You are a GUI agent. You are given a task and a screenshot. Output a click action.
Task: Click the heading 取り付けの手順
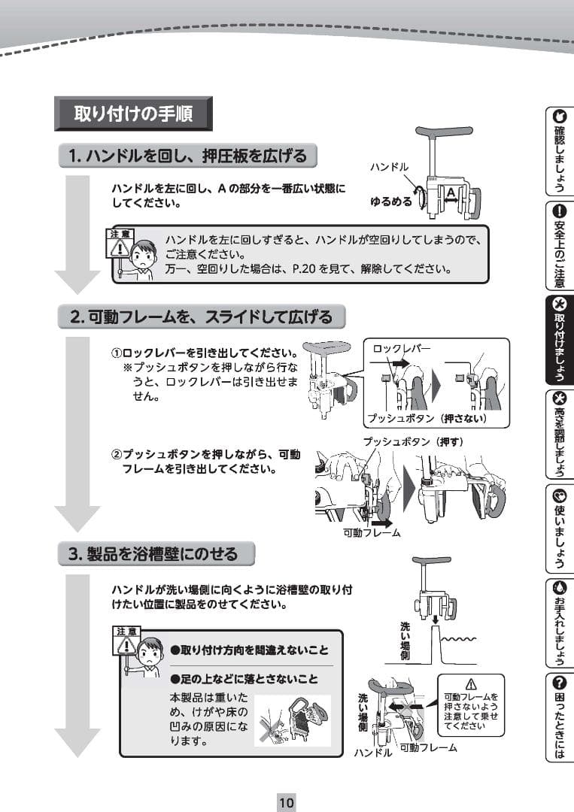click(x=133, y=114)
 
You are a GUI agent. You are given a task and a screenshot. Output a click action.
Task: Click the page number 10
click(x=287, y=801)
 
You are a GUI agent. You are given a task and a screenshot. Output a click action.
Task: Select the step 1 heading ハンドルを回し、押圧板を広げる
click(x=187, y=156)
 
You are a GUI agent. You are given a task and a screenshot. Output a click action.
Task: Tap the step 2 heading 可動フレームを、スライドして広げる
click(x=201, y=317)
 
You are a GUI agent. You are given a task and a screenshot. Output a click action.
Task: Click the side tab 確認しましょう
click(x=559, y=151)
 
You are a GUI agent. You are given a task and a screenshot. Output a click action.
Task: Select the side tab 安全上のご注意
click(x=559, y=246)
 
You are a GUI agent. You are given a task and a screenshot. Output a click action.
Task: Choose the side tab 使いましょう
click(x=559, y=528)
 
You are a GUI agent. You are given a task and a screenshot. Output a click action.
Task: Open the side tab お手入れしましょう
click(x=559, y=623)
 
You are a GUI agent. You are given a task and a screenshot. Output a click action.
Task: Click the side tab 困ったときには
click(x=559, y=717)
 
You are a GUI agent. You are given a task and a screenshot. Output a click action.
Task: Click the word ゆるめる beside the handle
click(x=390, y=201)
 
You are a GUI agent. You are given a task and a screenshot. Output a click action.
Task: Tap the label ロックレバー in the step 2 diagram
click(x=402, y=349)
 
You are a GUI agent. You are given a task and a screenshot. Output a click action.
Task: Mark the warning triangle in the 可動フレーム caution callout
click(x=472, y=683)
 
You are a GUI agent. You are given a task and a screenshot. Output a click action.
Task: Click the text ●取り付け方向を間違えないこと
click(x=249, y=650)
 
